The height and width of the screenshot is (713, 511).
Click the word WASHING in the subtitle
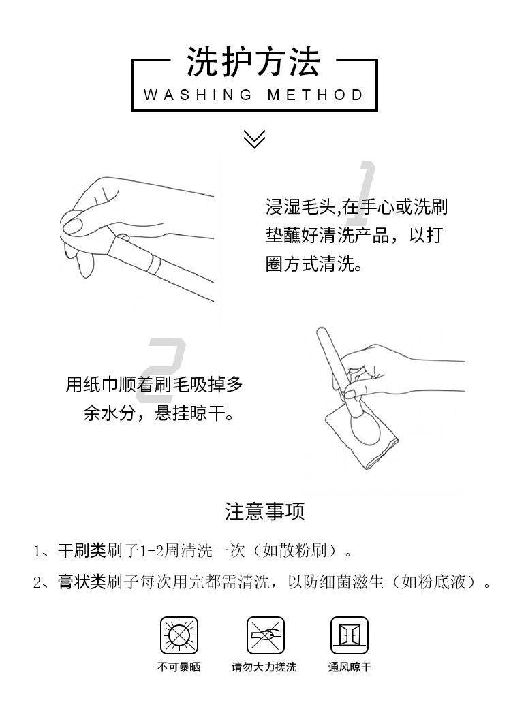tap(198, 95)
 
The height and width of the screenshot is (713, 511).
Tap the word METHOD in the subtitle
tap(315, 95)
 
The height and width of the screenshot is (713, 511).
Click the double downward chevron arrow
tap(254, 139)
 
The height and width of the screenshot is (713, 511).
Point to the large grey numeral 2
tap(162, 370)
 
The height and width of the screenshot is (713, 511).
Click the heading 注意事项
tap(264, 511)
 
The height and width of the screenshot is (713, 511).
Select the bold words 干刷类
tap(82, 551)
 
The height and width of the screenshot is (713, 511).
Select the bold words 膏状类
tap(82, 582)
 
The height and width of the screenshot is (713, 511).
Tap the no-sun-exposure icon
tap(179, 635)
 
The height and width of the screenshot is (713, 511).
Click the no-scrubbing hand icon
tap(265, 635)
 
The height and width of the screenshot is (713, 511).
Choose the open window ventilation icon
tap(349, 635)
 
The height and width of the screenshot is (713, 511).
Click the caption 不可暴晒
tap(179, 667)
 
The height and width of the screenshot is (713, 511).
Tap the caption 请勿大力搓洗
tap(264, 667)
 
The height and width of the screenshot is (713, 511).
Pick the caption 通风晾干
tap(350, 667)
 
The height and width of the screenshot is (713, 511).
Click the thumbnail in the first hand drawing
tap(72, 225)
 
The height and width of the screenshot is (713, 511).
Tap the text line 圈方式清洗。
tap(314, 264)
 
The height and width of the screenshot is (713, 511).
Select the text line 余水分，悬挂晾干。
tap(158, 413)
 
